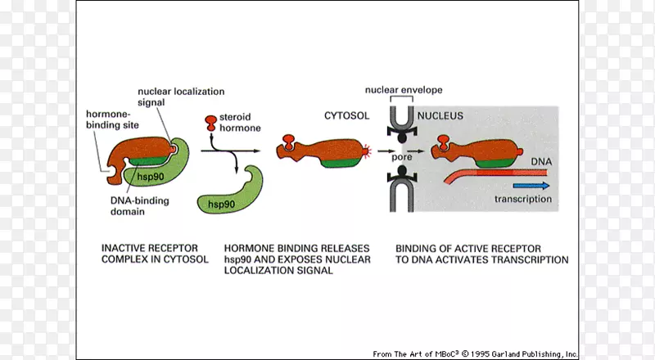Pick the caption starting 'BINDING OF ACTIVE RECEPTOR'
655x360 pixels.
click(481, 254)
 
